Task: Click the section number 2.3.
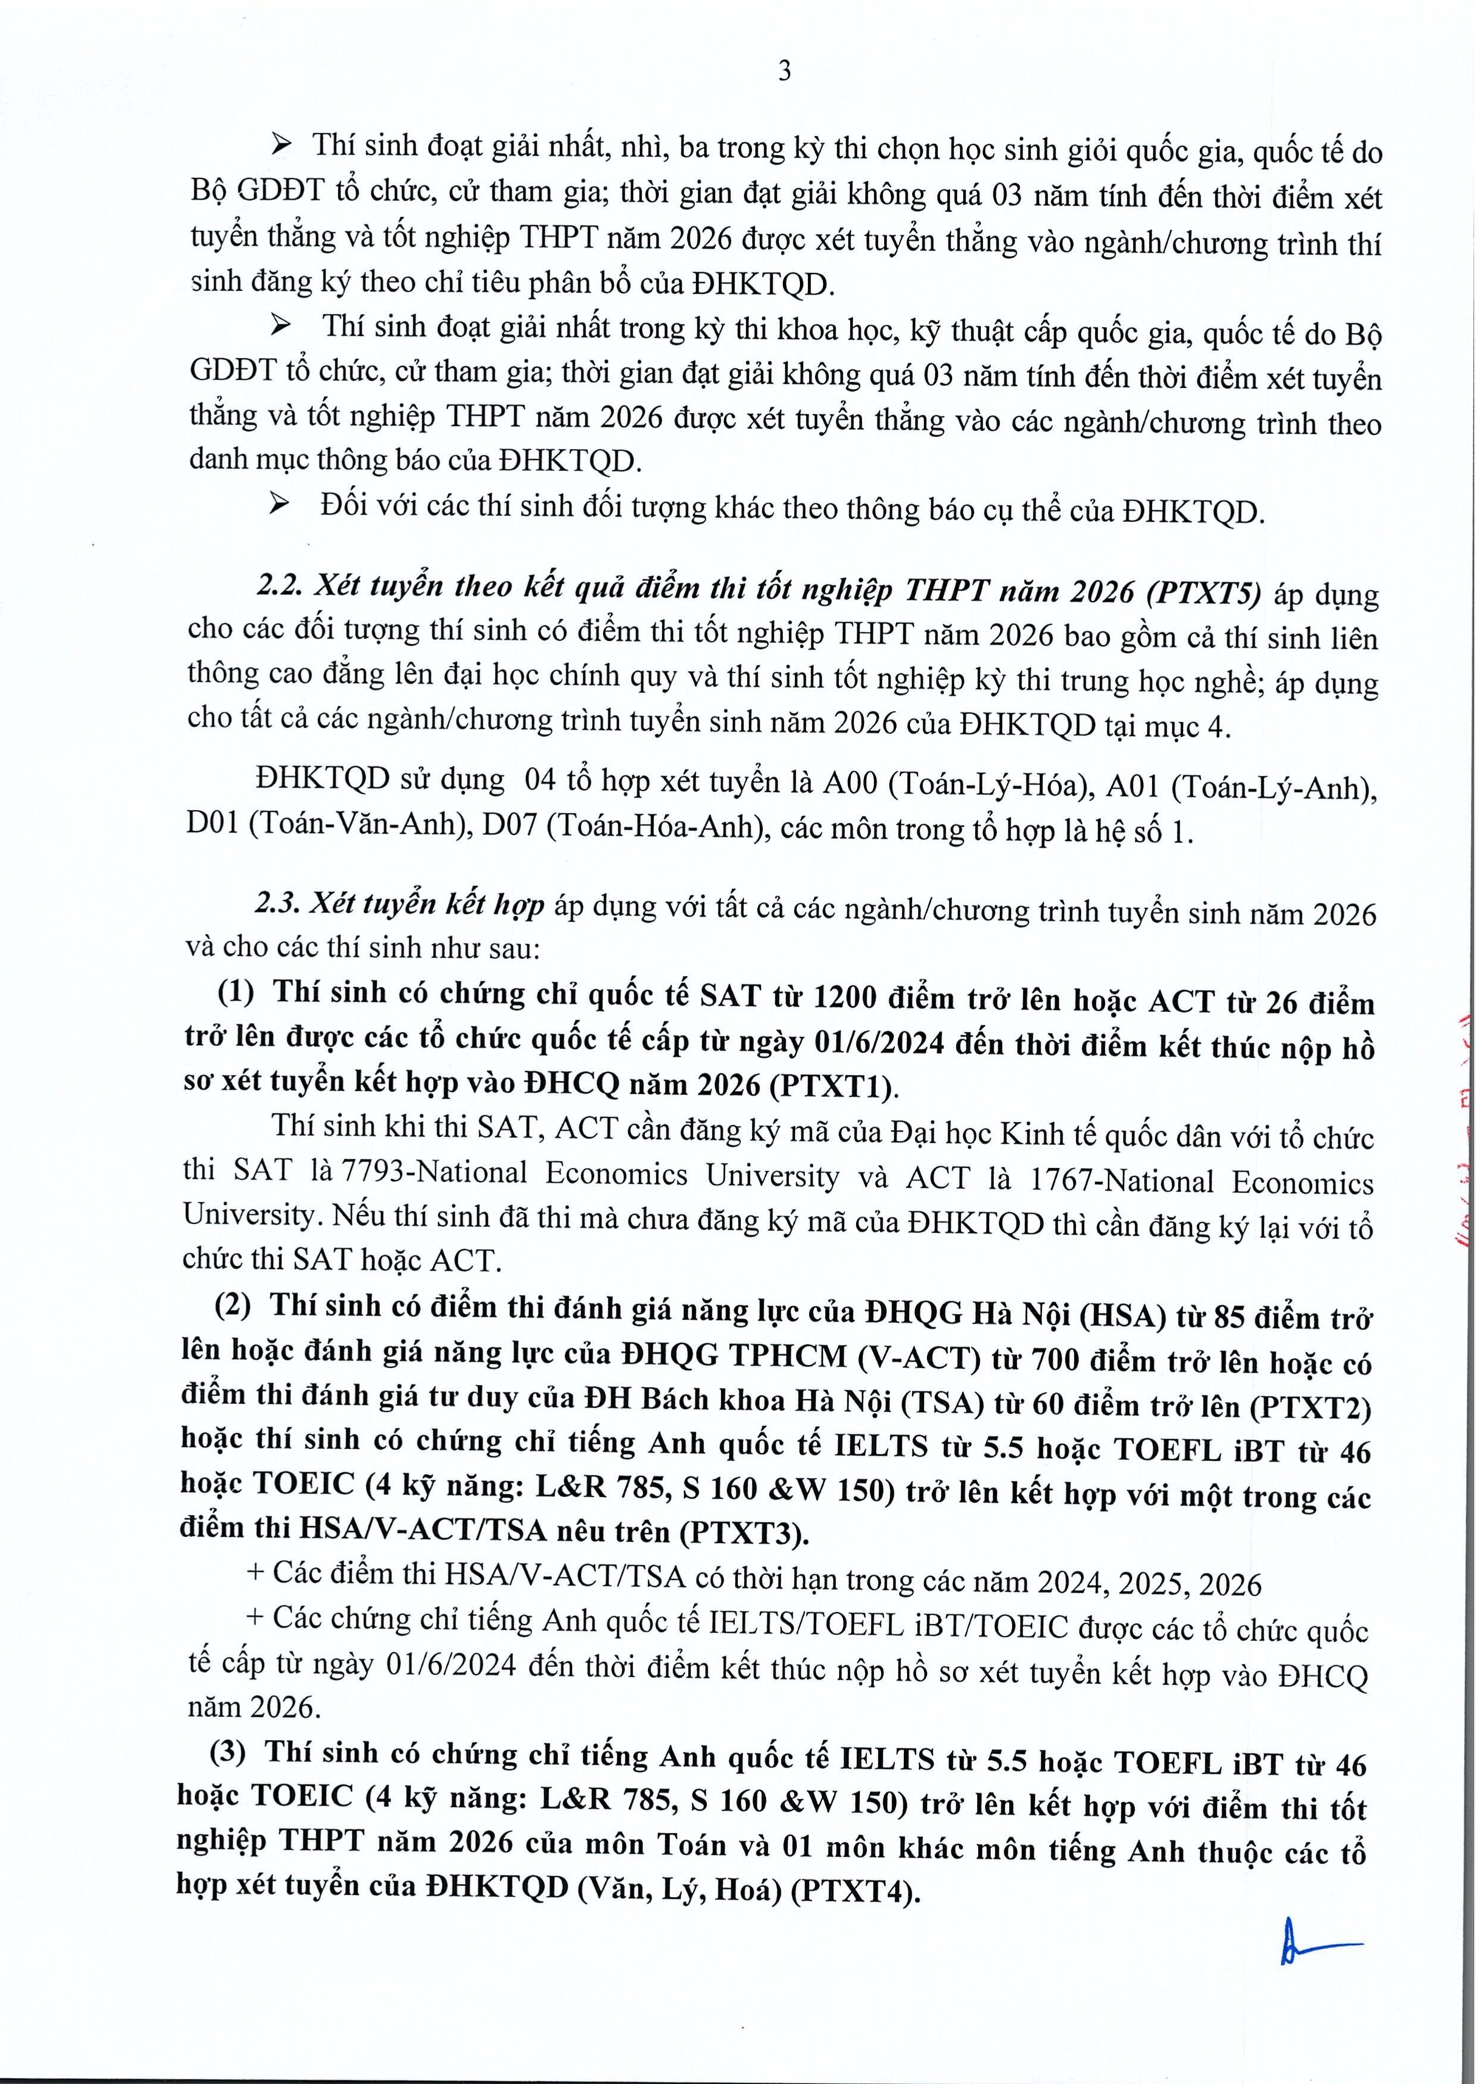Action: coord(275,904)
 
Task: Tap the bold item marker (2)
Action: coord(232,1308)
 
